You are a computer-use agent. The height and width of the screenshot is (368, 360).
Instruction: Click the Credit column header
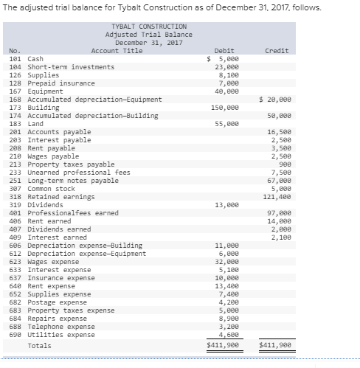(x=276, y=50)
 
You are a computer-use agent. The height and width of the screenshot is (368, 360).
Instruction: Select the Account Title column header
(x=117, y=50)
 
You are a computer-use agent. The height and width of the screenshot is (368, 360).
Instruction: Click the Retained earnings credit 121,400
(x=275, y=197)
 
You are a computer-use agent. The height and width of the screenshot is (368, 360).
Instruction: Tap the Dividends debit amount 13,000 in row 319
(x=226, y=205)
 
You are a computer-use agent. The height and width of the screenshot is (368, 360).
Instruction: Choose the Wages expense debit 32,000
(x=226, y=261)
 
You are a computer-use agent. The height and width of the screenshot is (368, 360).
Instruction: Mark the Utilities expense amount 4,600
(x=227, y=334)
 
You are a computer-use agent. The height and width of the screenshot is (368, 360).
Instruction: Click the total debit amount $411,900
(x=224, y=345)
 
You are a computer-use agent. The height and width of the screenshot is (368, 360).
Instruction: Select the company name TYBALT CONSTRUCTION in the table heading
(x=145, y=26)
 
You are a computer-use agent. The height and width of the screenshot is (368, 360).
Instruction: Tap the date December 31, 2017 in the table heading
(x=145, y=42)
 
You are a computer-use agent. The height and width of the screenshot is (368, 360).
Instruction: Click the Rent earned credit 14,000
(x=277, y=221)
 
